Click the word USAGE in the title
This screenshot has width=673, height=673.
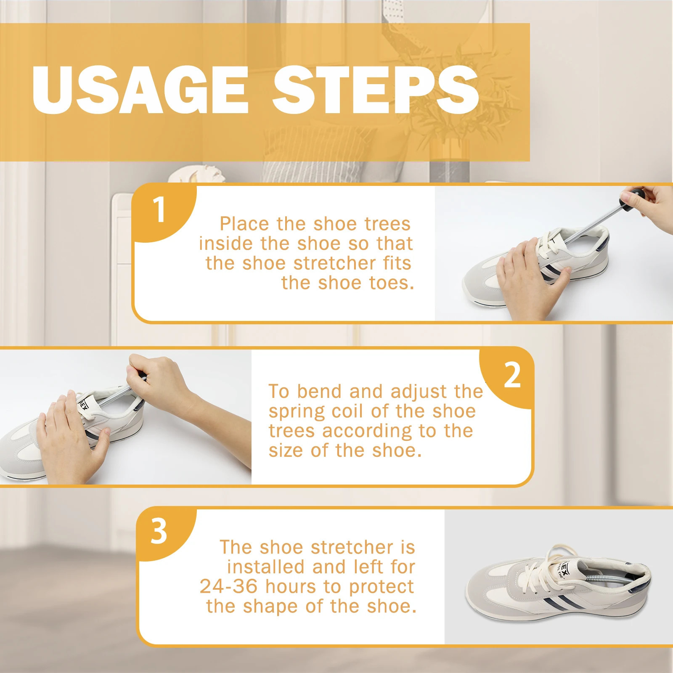(140, 90)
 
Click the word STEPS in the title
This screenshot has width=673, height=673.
(376, 90)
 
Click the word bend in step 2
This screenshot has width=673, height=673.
(320, 392)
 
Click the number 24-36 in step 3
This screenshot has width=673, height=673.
(229, 586)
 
